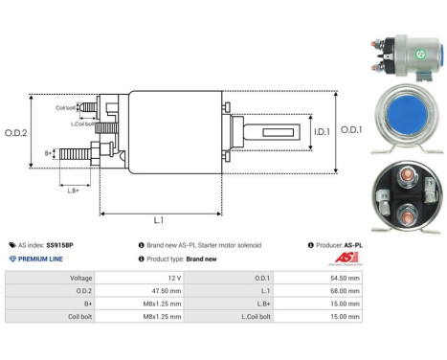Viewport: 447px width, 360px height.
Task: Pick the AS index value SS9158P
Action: pos(86,245)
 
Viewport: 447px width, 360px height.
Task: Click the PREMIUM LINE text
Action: pos(39,259)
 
